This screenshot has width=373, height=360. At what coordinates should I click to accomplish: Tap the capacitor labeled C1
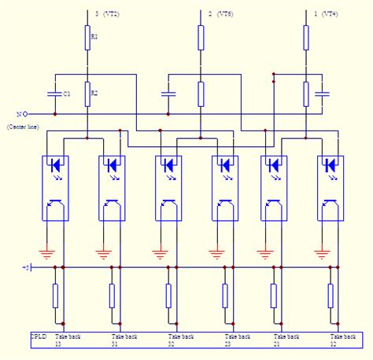click(54, 94)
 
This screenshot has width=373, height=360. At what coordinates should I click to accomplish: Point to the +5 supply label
click(26, 268)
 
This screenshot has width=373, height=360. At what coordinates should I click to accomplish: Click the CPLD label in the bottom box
click(39, 336)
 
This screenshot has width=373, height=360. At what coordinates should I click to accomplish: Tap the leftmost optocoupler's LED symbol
click(54, 166)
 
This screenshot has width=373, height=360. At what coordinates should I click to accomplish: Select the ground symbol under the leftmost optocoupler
click(46, 253)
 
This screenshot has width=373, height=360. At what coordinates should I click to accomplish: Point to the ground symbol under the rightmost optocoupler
click(321, 253)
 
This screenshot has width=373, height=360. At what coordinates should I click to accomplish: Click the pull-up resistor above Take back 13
click(54, 296)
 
